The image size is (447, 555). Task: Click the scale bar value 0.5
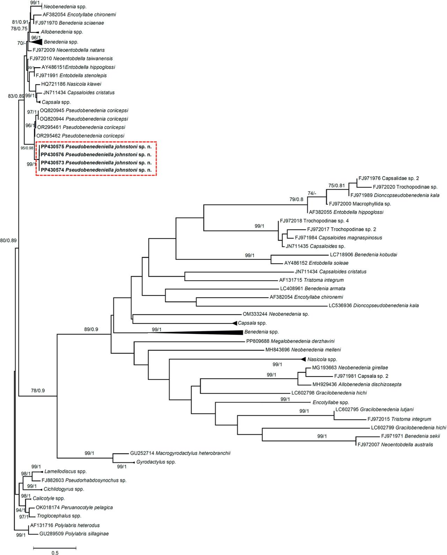[55, 553]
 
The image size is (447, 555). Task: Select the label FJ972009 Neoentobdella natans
[66, 50]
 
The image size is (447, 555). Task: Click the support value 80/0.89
[8, 240]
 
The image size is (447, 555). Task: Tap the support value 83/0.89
[16, 96]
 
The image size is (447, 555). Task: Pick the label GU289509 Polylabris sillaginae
[70, 534]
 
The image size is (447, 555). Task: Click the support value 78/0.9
[38, 390]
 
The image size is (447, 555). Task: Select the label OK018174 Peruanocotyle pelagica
[74, 507]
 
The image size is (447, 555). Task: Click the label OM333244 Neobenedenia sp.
[276, 314]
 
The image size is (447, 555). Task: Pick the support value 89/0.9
[91, 329]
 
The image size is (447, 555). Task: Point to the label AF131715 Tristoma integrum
[311, 280]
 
